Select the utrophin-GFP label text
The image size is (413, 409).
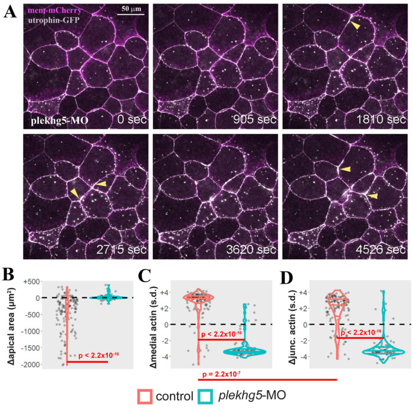coord(52,19)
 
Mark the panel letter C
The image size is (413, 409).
coord(145,276)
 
